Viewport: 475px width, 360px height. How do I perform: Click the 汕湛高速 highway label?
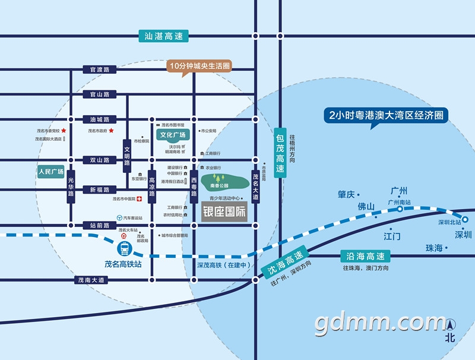tap(163, 36)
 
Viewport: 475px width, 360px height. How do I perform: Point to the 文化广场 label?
tap(173, 135)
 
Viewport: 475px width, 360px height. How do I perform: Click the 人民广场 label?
tap(50, 172)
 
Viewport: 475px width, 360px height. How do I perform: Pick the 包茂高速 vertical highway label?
tap(280, 151)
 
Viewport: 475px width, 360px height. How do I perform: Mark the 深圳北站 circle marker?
tap(465, 219)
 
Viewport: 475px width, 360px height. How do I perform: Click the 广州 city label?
tap(399, 191)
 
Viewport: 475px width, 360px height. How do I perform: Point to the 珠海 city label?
tap(434, 248)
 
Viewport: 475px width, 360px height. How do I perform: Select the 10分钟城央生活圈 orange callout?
tap(199, 65)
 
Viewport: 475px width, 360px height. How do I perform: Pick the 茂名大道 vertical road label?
tap(255, 185)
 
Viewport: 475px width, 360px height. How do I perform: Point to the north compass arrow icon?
tap(451, 326)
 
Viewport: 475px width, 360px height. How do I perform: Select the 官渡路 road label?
tap(100, 70)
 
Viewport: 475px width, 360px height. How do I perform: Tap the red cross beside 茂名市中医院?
tap(139, 199)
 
